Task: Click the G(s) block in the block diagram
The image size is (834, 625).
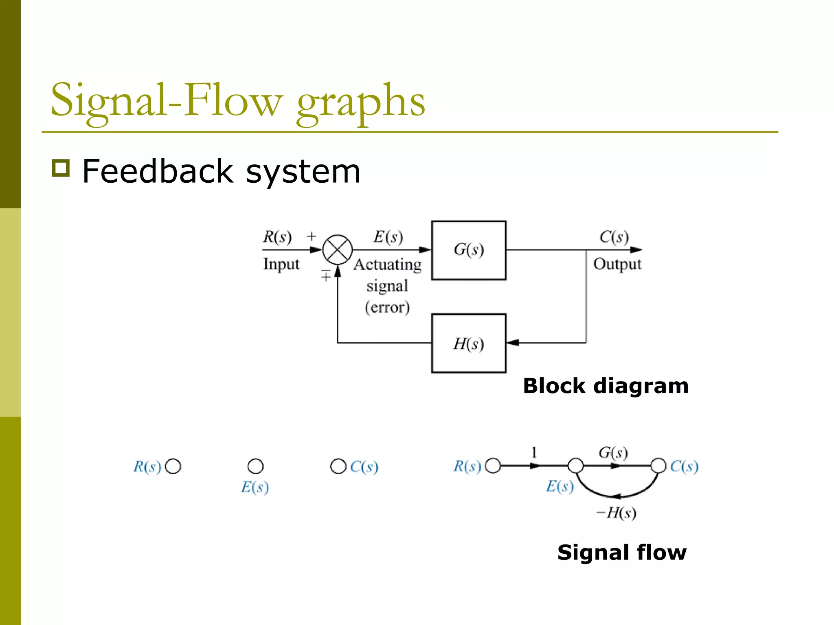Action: (x=468, y=250)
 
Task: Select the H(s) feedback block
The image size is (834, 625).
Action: (x=468, y=343)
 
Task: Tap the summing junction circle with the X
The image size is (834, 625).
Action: (x=337, y=250)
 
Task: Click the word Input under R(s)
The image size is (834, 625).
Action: (x=281, y=264)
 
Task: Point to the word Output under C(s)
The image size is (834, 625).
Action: (x=617, y=264)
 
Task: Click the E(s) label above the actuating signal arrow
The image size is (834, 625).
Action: (x=388, y=237)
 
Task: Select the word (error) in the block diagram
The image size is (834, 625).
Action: (x=387, y=307)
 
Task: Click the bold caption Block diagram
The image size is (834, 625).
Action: (x=606, y=386)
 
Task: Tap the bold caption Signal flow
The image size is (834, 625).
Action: (x=622, y=553)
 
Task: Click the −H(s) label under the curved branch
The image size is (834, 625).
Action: (x=616, y=513)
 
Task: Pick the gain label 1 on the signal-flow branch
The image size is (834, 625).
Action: (x=534, y=452)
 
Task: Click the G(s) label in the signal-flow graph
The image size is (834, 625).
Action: (x=613, y=452)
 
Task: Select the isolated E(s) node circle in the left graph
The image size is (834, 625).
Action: (x=255, y=466)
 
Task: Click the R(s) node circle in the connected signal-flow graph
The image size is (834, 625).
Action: (x=493, y=466)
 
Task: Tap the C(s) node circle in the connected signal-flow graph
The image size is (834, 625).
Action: (x=658, y=466)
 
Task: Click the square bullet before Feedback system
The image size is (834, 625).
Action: (x=61, y=168)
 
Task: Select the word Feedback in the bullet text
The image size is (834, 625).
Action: (x=157, y=171)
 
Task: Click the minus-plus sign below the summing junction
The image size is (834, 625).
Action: (x=325, y=276)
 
